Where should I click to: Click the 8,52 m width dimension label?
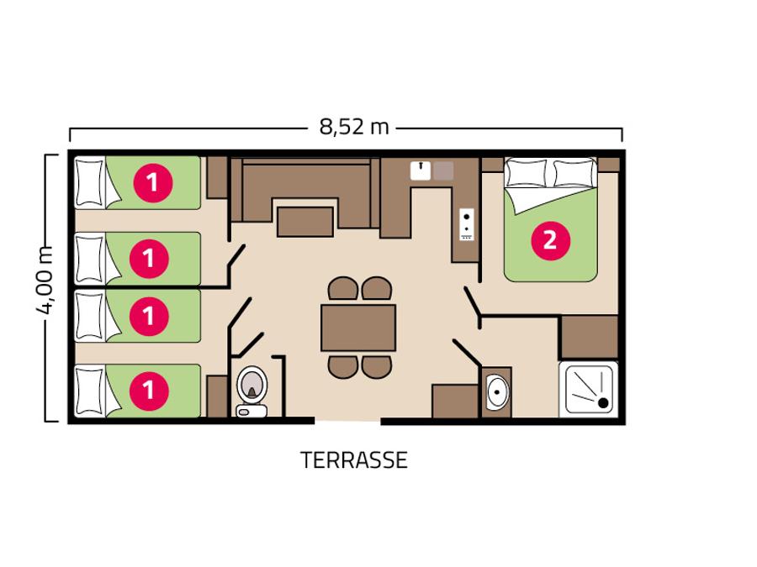pyautogui.click(x=354, y=127)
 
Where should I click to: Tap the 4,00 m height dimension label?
pyautogui.click(x=45, y=280)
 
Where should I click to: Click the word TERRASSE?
pyautogui.click(x=354, y=460)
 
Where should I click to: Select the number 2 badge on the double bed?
pyautogui.click(x=550, y=240)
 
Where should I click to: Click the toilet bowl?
pyautogui.click(x=251, y=384)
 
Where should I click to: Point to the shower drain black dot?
pyautogui.click(x=603, y=402)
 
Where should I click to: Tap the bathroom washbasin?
pyautogui.click(x=497, y=391)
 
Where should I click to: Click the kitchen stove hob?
pyautogui.click(x=466, y=224)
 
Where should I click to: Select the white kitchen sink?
pyautogui.click(x=421, y=171)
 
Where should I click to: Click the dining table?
pyautogui.click(x=358, y=328)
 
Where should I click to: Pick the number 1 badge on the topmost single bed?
pyautogui.click(x=152, y=183)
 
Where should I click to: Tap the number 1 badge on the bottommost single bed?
pyautogui.click(x=149, y=391)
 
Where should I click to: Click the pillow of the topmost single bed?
pyautogui.click(x=90, y=183)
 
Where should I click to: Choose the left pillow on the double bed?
pyautogui.click(x=527, y=173)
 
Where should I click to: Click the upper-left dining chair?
pyautogui.click(x=343, y=288)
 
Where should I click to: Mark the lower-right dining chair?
pyautogui.click(x=377, y=367)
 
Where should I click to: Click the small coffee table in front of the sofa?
pyautogui.click(x=305, y=222)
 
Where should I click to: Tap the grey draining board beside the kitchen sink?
pyautogui.click(x=443, y=171)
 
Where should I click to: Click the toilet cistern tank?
pyautogui.click(x=251, y=411)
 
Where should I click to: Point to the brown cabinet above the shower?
pyautogui.click(x=590, y=337)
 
